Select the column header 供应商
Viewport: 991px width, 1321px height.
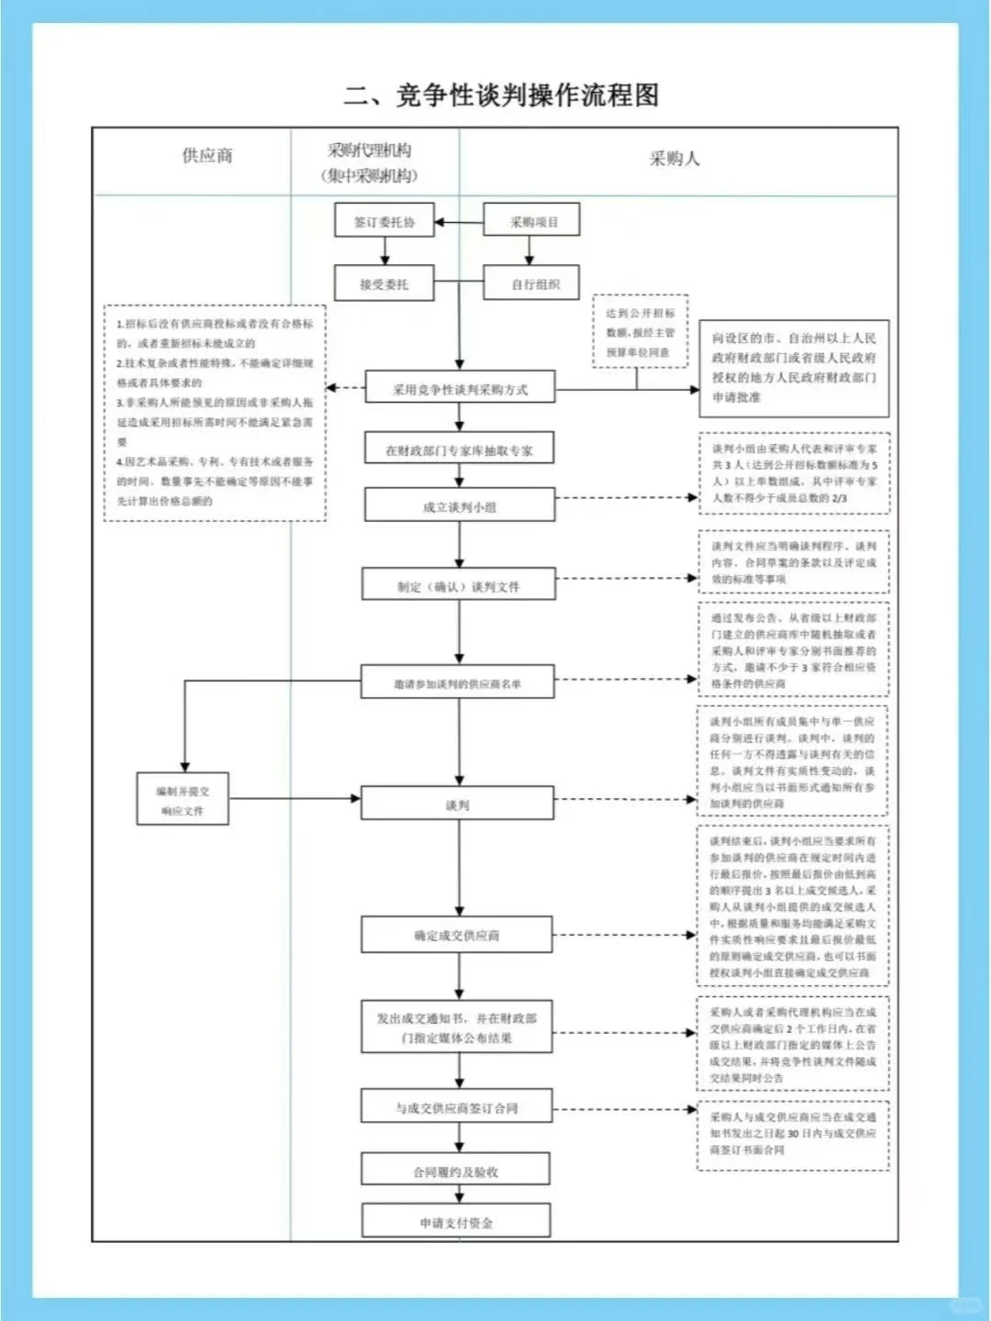[x=207, y=156]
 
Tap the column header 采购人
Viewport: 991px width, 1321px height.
[x=674, y=159]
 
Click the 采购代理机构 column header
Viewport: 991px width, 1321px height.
[x=370, y=162]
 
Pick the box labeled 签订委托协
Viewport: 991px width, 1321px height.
[x=384, y=222]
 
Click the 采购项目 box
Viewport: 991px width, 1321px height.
[x=532, y=222]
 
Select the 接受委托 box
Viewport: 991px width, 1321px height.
[x=384, y=284]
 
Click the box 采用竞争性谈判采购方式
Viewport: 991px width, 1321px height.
[x=460, y=389]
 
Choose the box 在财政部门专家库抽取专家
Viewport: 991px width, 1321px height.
[x=460, y=450]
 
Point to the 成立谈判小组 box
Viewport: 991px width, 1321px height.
[x=460, y=506]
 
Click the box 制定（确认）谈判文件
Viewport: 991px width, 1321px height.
[x=460, y=586]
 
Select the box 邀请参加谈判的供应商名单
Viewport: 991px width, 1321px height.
[x=458, y=683]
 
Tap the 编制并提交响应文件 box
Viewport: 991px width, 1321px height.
[x=183, y=801]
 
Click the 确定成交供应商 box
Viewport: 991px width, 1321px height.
[x=457, y=936]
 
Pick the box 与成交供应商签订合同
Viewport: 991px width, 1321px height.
[x=457, y=1108]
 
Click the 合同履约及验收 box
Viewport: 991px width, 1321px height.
[x=456, y=1171]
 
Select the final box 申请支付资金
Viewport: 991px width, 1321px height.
[x=456, y=1222]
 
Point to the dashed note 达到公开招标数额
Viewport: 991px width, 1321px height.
[x=640, y=332]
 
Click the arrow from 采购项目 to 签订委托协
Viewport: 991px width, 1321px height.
[x=459, y=222]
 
